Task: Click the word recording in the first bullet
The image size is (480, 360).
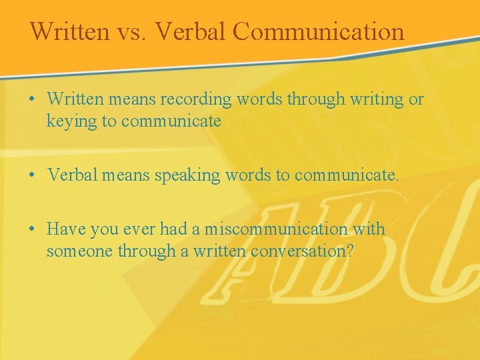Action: (199, 99)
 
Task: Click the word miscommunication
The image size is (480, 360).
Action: (276, 229)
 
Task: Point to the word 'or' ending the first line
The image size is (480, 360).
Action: (416, 99)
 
